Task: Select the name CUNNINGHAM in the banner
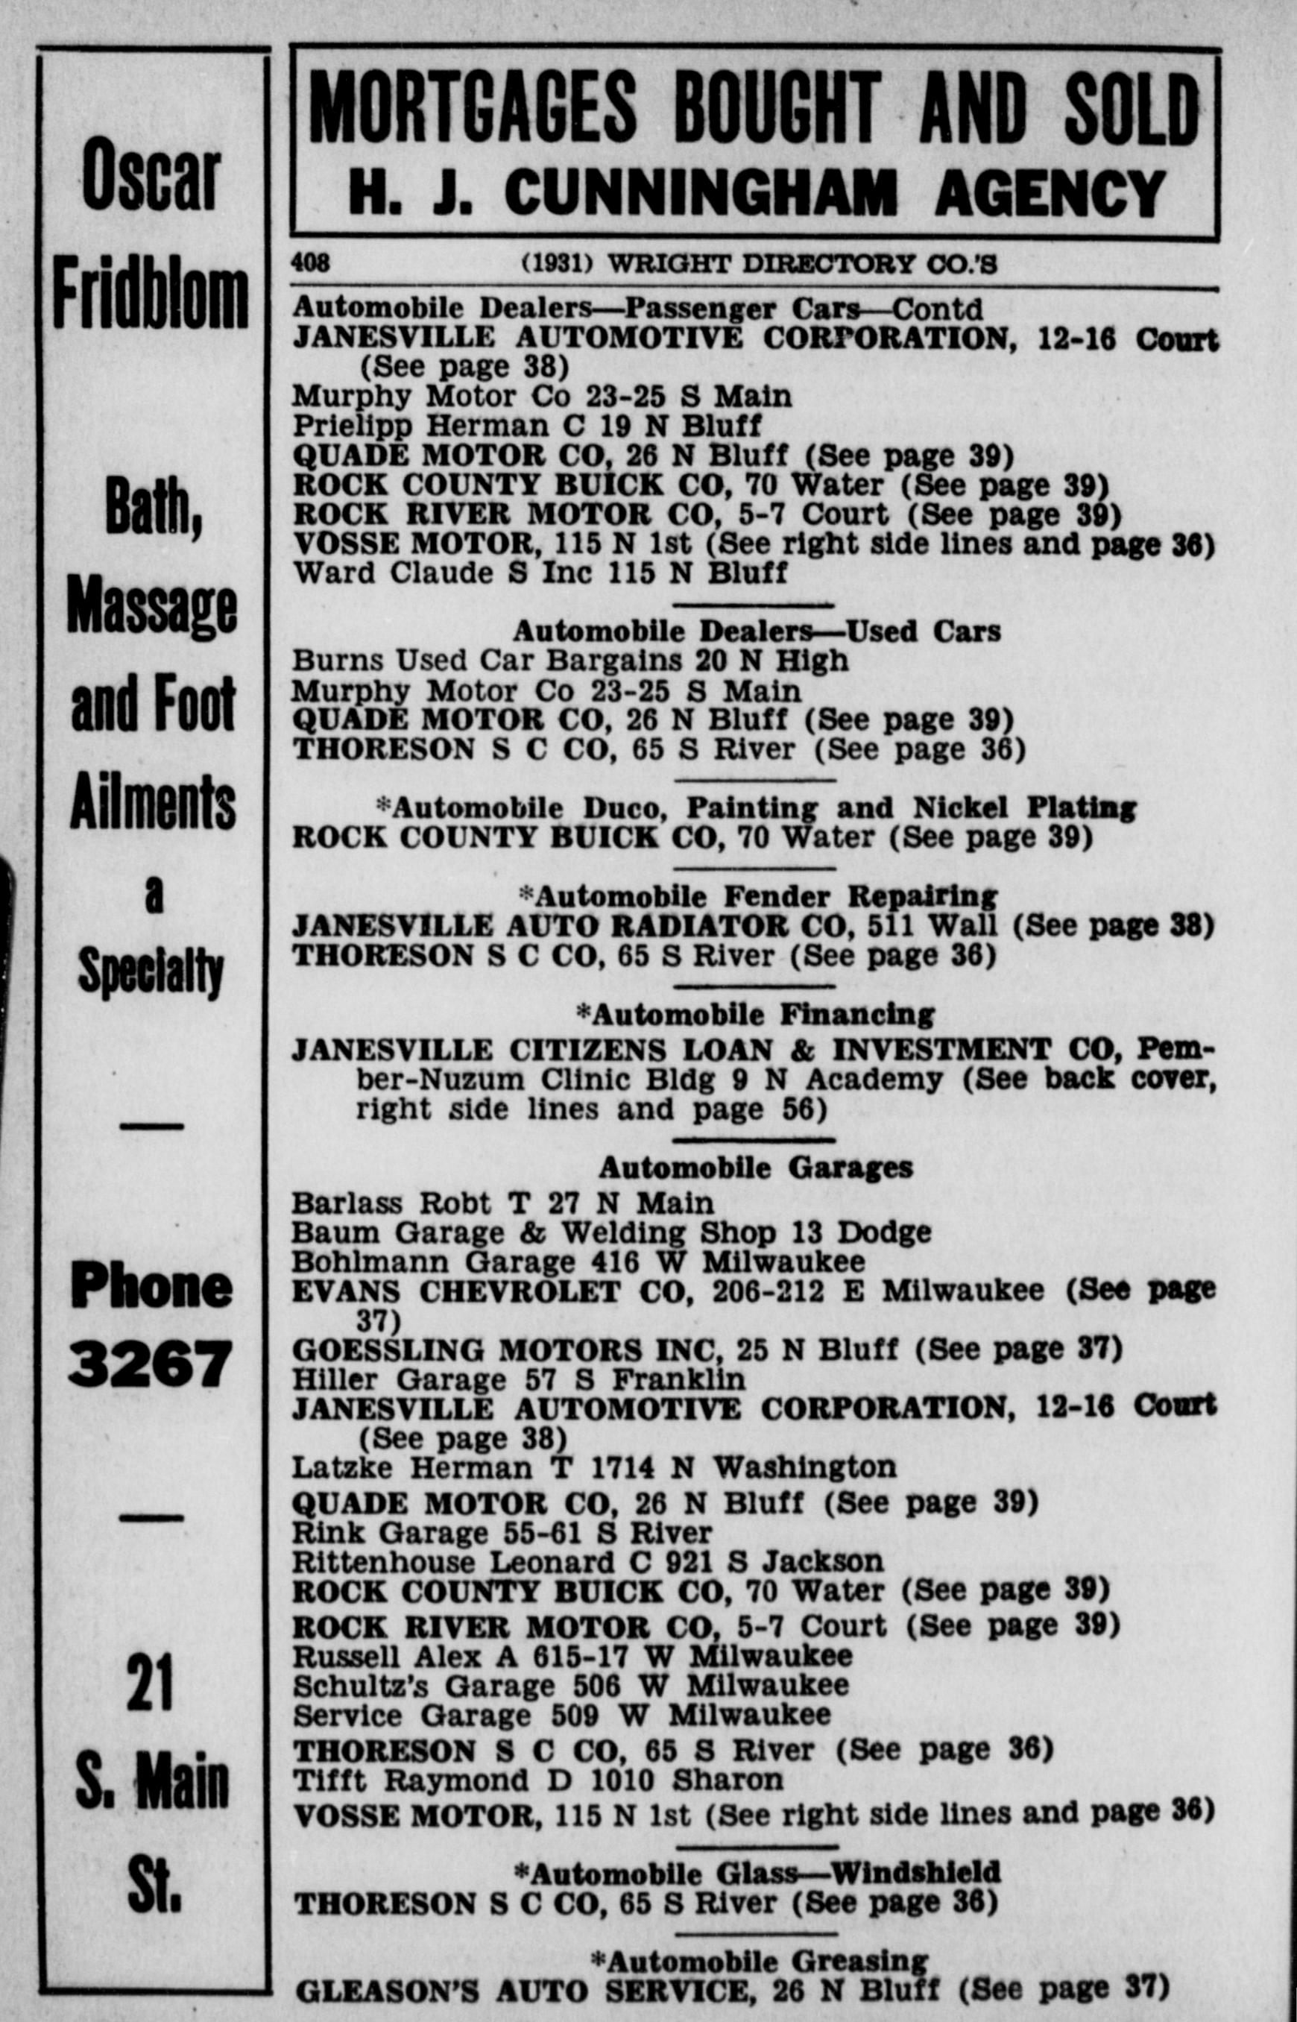701,193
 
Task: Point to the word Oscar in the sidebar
151,175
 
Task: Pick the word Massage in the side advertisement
151,606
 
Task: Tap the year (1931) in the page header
558,264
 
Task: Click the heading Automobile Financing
754,1014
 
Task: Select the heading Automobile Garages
754,1168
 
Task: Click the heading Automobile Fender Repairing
758,896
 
